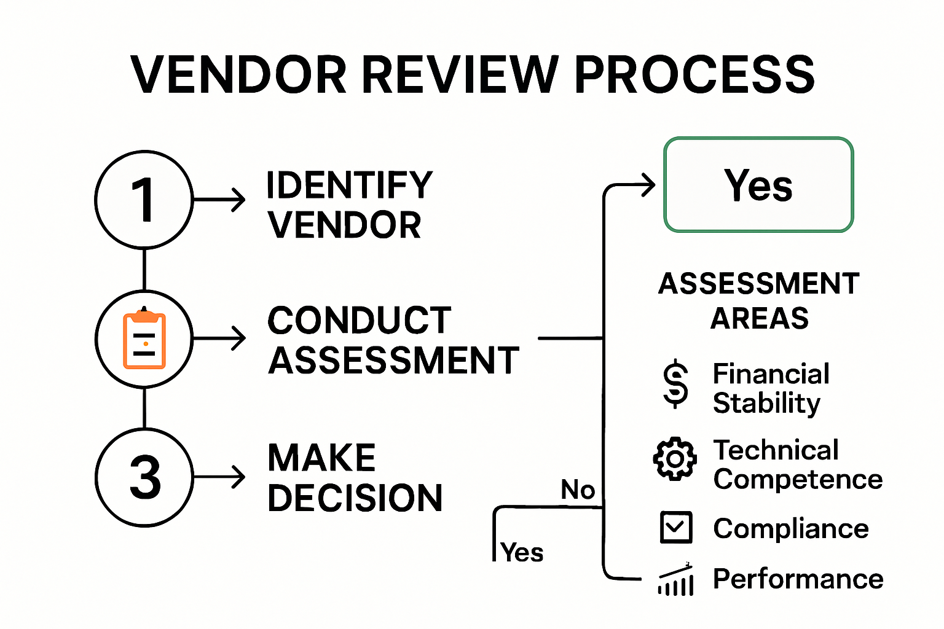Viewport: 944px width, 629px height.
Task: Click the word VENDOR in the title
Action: click(239, 75)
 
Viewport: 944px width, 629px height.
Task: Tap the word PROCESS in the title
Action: click(694, 75)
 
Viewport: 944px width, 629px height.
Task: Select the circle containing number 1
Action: click(144, 200)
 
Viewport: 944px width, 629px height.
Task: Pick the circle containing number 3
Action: click(144, 477)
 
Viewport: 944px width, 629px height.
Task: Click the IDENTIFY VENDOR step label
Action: click(349, 205)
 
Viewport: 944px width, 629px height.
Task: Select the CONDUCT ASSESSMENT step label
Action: click(393, 340)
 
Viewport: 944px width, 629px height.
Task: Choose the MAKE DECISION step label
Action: click(355, 478)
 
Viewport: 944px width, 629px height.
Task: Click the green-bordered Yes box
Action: click(758, 185)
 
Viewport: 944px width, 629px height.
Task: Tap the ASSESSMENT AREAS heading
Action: click(759, 301)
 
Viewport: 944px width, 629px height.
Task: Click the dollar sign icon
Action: click(675, 384)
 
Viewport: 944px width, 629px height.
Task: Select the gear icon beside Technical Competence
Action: click(675, 459)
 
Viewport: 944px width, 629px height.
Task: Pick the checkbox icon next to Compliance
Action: click(675, 527)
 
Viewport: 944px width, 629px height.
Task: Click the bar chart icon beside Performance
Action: click(675, 580)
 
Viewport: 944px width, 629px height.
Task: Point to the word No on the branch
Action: click(578, 490)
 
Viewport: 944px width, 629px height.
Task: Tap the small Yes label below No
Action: click(522, 552)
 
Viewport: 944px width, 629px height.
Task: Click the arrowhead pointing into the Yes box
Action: click(649, 185)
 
